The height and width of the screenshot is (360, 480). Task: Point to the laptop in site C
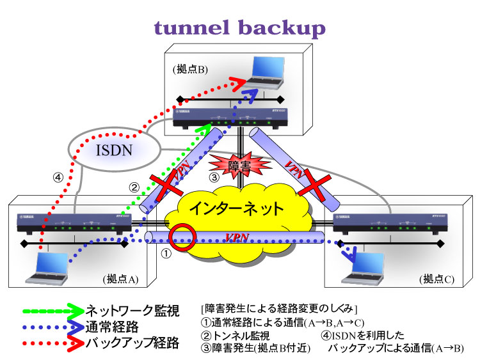tap(365, 267)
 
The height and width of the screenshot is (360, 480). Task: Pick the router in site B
tap(230, 117)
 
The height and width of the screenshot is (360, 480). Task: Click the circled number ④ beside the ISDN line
tap(58, 178)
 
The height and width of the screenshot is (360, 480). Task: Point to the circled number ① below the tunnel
tap(165, 254)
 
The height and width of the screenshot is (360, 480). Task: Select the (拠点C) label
tap(437, 279)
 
